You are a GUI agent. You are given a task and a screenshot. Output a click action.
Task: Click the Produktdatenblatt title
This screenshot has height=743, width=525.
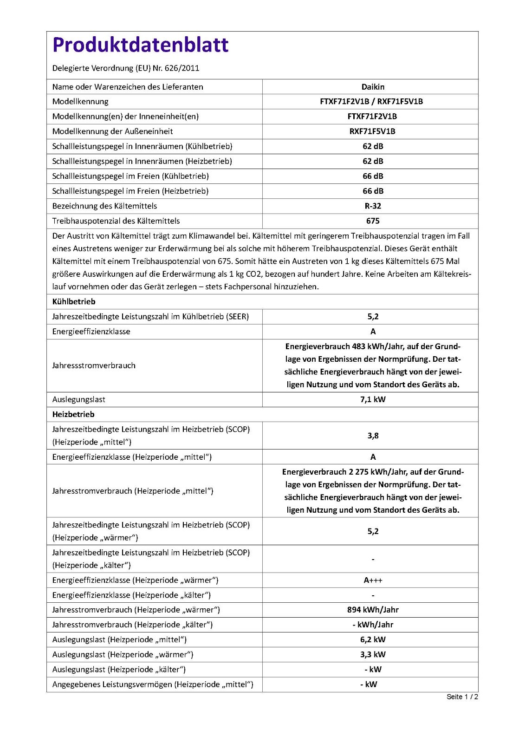tap(140, 45)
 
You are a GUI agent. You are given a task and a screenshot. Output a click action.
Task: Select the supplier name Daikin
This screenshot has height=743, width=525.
tap(373, 87)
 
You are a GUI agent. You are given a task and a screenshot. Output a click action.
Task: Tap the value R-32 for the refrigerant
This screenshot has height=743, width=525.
tap(373, 206)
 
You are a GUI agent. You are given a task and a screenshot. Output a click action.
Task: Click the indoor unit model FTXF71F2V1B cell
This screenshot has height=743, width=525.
tap(373, 117)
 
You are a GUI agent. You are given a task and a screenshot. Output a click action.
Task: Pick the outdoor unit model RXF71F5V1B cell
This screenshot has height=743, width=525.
tap(373, 131)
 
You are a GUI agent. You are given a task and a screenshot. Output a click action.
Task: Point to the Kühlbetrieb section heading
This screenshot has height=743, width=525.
tap(74, 302)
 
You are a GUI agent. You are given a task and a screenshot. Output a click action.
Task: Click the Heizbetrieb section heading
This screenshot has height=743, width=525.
tap(73, 414)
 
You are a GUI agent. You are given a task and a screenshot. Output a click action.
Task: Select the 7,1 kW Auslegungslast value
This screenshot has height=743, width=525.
tap(373, 399)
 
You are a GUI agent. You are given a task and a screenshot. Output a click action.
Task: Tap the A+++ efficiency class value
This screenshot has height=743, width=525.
tap(373, 580)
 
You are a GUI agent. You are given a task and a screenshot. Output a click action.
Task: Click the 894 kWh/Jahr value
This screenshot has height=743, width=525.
tap(373, 610)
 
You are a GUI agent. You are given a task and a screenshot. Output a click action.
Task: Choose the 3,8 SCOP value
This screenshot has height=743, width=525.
tap(373, 436)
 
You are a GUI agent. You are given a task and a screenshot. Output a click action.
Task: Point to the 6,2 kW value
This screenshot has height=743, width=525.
tap(373, 640)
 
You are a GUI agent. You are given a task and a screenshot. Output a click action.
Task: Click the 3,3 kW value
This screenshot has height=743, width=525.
tap(373, 655)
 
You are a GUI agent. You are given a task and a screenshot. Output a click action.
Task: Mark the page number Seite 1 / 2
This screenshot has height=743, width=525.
tap(462, 697)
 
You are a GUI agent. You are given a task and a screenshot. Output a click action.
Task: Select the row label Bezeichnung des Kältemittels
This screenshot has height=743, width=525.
tap(104, 206)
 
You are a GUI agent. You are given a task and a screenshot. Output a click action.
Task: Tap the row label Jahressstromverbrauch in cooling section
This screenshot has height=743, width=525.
tap(94, 365)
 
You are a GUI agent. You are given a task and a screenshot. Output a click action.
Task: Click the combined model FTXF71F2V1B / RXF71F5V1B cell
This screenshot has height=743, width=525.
tap(371, 102)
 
